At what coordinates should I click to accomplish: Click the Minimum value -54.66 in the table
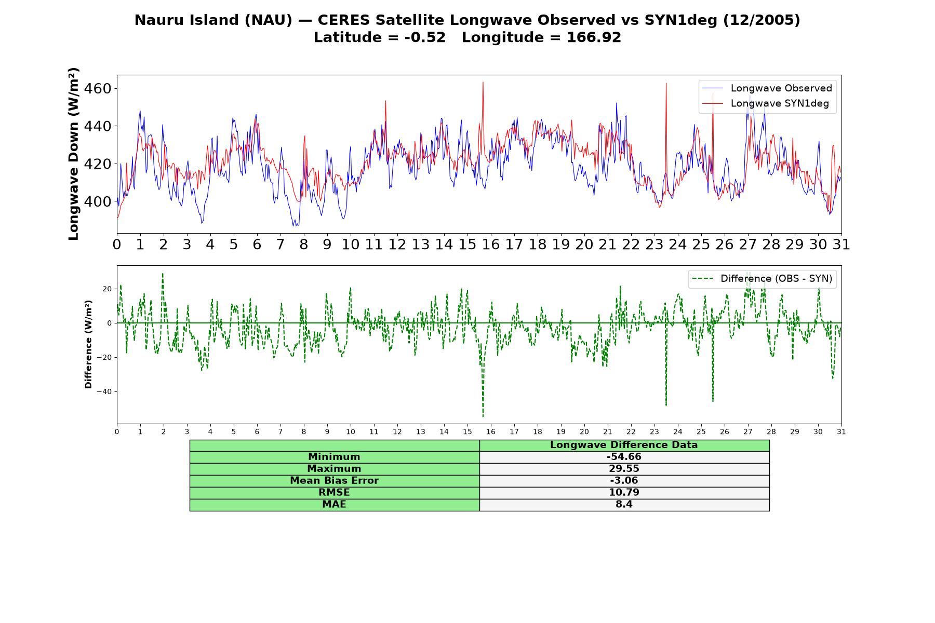point(624,457)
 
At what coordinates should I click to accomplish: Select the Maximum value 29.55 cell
point(624,469)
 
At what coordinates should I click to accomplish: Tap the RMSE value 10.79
point(624,493)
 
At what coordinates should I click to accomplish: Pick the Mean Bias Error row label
point(334,481)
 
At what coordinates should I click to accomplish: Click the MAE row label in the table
point(334,505)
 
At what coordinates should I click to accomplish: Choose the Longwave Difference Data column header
point(624,445)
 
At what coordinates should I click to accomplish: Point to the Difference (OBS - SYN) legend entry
point(762,279)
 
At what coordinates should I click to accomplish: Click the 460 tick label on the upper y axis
point(98,89)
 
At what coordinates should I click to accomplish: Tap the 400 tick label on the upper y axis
point(98,201)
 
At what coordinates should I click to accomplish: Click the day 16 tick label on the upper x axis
point(491,245)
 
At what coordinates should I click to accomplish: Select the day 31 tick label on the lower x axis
point(842,431)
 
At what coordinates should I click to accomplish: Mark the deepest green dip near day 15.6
point(483,416)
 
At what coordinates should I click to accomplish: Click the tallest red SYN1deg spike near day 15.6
point(483,83)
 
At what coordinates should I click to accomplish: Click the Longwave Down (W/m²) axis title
point(74,154)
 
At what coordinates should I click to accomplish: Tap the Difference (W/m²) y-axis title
point(88,344)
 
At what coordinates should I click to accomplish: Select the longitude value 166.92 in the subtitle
point(594,37)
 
